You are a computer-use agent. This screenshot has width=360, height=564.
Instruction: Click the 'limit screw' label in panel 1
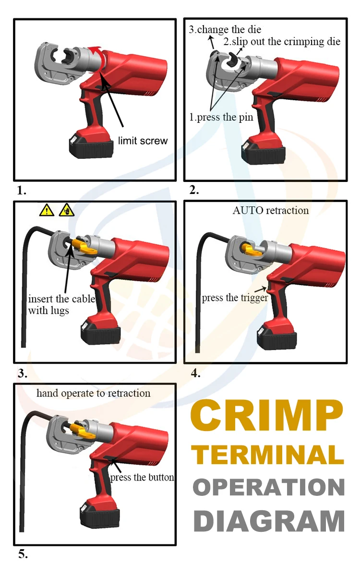click(143, 141)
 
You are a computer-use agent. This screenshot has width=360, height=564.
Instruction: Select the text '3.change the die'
click(225, 29)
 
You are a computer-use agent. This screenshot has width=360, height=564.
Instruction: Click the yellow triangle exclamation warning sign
click(47, 210)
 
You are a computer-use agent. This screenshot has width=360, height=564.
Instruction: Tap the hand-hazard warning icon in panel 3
click(66, 210)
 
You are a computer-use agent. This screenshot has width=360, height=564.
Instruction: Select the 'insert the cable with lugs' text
click(61, 304)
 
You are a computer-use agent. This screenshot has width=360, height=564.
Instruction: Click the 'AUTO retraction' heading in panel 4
click(271, 210)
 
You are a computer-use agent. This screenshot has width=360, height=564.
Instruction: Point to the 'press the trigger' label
click(234, 298)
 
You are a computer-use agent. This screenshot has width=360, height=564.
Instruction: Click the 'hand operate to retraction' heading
click(94, 393)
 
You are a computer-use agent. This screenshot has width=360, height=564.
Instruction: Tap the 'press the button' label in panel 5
click(142, 477)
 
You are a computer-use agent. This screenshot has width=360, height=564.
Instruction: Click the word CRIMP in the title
click(267, 416)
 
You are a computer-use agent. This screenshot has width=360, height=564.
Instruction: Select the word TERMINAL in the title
click(270, 454)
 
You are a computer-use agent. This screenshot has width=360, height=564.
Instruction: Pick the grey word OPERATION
click(269, 487)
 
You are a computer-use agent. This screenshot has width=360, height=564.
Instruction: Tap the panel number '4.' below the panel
click(195, 373)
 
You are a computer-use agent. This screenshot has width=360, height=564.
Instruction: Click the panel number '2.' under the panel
click(194, 190)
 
